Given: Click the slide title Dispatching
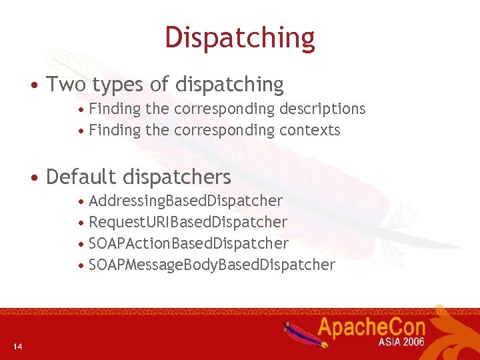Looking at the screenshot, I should [240, 38].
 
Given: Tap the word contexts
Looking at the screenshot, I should [310, 130].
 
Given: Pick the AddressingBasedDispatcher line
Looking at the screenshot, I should [185, 201].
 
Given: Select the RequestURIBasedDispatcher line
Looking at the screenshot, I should [188, 222].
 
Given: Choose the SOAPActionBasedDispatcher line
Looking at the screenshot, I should [189, 243].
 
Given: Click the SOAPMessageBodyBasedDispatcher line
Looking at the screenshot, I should [212, 265].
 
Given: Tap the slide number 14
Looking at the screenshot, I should [17, 346].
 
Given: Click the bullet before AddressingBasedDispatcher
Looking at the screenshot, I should [81, 202].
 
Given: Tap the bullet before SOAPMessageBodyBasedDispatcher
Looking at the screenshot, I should [81, 266].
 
